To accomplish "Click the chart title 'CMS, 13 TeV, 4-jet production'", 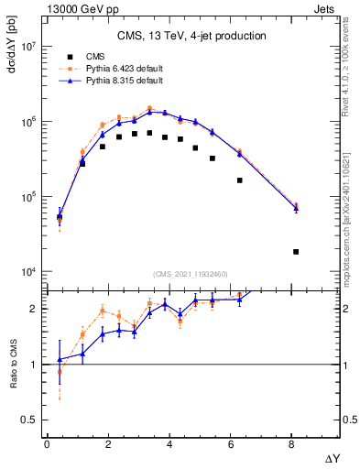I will pos(191,37).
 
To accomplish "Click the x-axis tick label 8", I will pos(292,444).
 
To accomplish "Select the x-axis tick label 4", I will pos(169,444).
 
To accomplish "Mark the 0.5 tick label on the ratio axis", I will pos(30,420).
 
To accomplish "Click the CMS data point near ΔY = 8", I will pos(295,252).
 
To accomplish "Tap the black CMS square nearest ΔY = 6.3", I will pos(240,180).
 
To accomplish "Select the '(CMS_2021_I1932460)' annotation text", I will pos(191,273).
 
